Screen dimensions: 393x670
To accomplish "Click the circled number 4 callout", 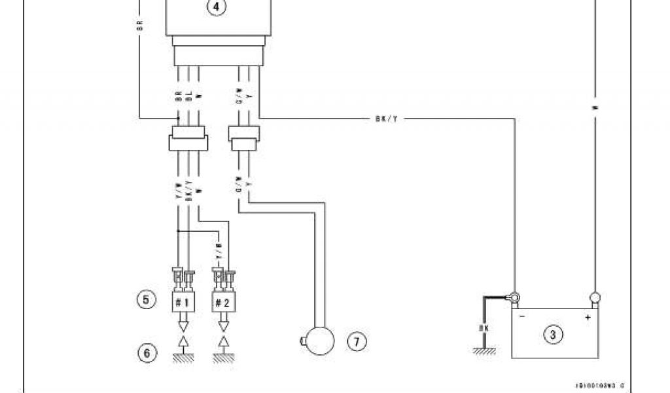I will (216, 8).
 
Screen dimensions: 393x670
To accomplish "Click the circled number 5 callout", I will (145, 300).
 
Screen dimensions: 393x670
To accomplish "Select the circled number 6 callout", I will (146, 353).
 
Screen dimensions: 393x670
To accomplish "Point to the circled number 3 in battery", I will (554, 335).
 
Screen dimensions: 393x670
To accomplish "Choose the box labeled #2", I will (224, 303).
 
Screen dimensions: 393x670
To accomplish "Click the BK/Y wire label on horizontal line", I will (384, 119).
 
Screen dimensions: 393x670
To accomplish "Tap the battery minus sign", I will (521, 317).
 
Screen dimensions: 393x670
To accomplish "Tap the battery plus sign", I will (588, 317).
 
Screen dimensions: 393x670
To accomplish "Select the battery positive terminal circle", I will (595, 297).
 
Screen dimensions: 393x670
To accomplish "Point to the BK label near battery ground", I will (484, 327).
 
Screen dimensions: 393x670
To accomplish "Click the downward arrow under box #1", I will (184, 322).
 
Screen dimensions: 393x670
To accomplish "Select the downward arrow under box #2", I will (224, 322).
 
